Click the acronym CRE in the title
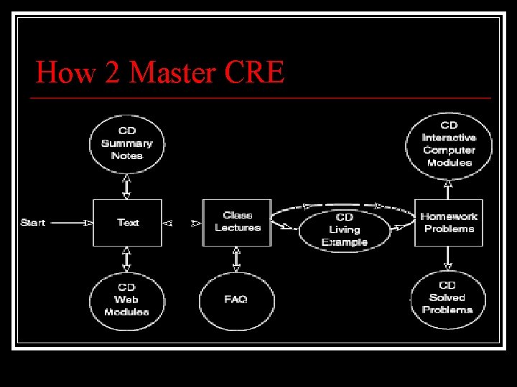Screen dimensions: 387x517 (x=254, y=72)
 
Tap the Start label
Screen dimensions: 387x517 (x=33, y=222)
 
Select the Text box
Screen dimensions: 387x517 (x=127, y=223)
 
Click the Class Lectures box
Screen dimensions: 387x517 (x=237, y=222)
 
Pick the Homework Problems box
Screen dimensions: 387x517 (x=449, y=223)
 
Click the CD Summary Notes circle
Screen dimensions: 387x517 (x=127, y=143)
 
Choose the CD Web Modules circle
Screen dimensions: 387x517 (x=126, y=300)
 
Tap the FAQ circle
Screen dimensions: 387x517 (x=236, y=300)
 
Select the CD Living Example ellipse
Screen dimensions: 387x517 (x=345, y=229)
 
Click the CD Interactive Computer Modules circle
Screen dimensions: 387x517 (x=449, y=144)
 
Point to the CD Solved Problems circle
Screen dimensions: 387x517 (x=448, y=298)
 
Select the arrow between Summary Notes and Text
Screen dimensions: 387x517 (x=127, y=186)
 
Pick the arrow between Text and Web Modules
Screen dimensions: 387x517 (x=127, y=259)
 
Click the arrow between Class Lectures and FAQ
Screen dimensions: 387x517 (x=236, y=259)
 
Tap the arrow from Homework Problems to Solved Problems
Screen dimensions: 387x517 (x=448, y=259)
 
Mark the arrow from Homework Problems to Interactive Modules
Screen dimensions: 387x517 (x=448, y=188)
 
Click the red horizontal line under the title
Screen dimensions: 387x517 (x=263, y=97)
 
